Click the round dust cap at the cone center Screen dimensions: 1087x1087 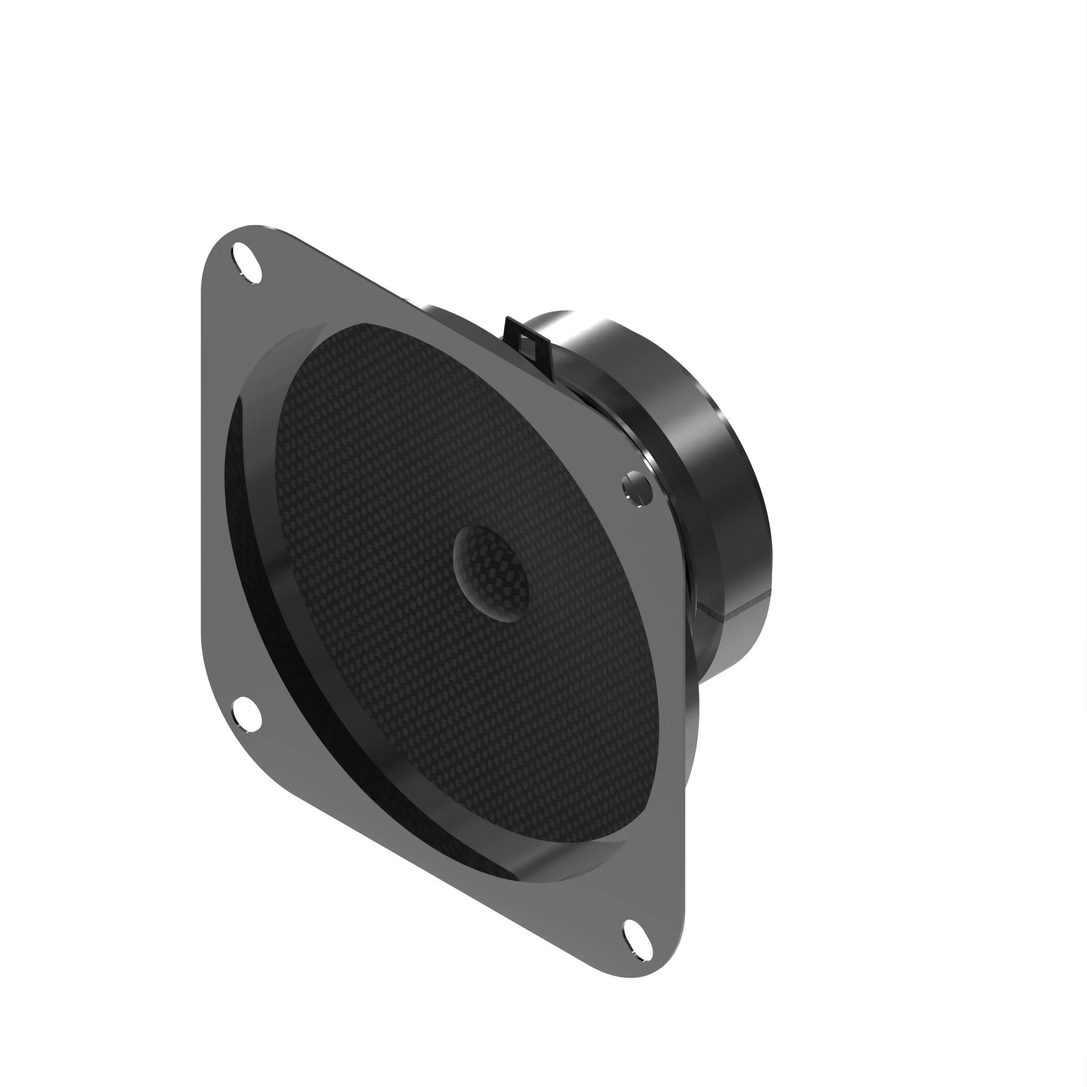click(491, 574)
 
